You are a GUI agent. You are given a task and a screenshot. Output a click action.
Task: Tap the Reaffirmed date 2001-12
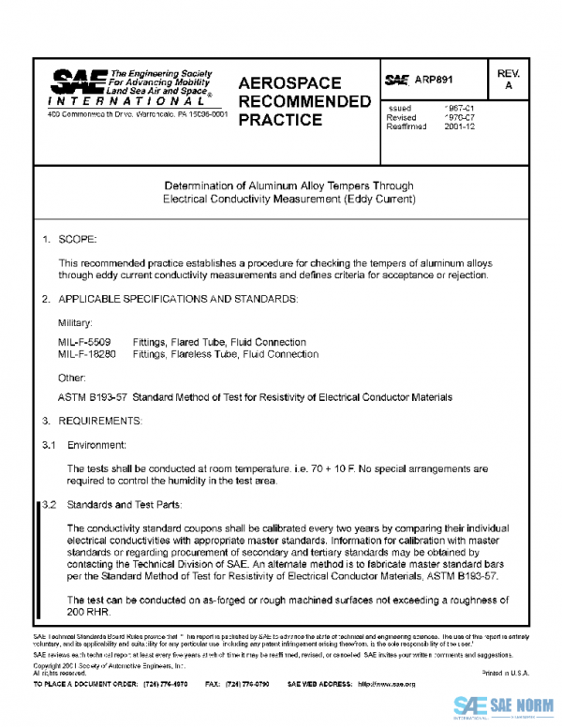point(459,126)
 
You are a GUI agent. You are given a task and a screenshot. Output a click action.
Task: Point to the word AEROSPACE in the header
point(289,83)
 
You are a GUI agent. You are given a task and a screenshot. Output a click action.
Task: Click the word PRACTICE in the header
point(281,120)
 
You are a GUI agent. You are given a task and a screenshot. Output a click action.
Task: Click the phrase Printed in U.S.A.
point(505,673)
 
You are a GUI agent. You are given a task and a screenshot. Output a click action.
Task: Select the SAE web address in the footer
point(386,685)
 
